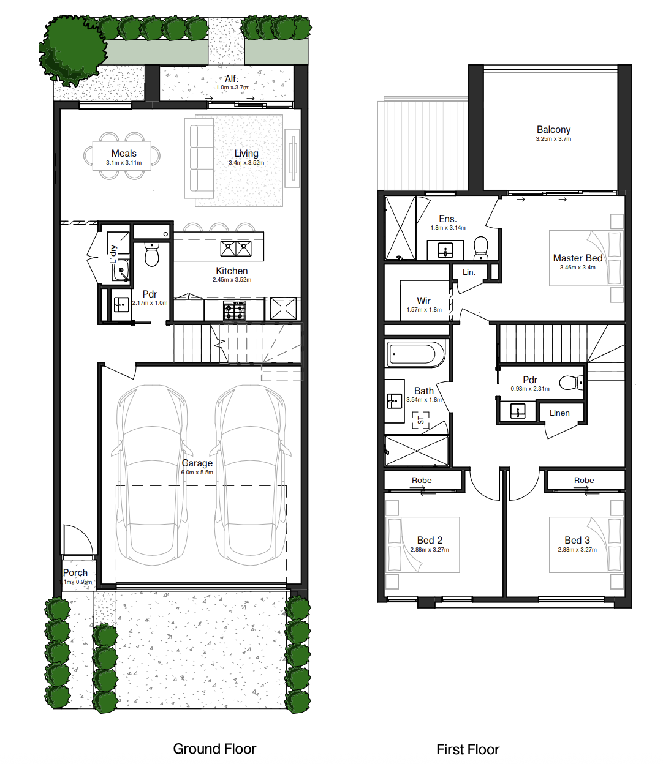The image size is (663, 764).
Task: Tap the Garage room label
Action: (197, 463)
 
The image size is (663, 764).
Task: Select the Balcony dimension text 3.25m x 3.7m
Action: (553, 139)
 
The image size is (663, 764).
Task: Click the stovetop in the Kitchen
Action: (234, 311)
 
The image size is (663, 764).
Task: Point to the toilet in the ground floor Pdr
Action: (152, 254)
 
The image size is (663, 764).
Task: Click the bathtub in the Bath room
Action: (415, 354)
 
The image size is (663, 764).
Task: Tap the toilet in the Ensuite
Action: (481, 248)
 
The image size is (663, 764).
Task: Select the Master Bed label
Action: (578, 258)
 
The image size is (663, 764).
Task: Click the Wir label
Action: (423, 301)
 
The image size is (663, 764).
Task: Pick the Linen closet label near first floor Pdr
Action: (559, 413)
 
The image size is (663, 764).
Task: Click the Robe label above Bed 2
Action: (422, 480)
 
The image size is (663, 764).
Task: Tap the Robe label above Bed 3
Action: (584, 480)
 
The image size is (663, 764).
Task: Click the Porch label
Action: (75, 573)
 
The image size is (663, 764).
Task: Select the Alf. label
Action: (232, 79)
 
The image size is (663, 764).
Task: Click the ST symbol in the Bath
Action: (421, 420)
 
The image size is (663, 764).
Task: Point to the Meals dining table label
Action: (124, 154)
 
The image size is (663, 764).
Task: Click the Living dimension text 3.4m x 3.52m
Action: (246, 163)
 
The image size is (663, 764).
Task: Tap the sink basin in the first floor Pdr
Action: (518, 411)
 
